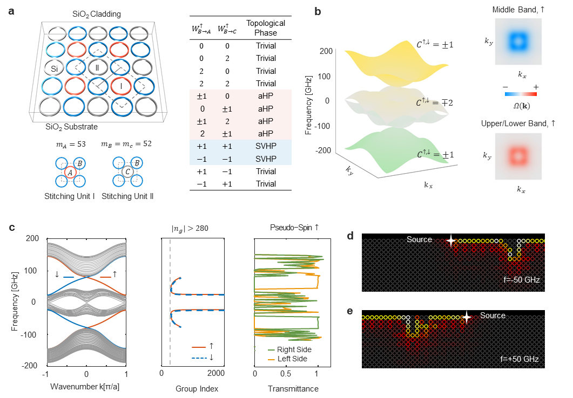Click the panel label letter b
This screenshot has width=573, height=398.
pyautogui.click(x=319, y=11)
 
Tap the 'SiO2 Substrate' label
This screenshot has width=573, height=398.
pyautogui.click(x=71, y=127)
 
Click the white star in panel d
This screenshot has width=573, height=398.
pyautogui.click(x=450, y=241)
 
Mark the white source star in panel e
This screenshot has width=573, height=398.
pyautogui.click(x=466, y=317)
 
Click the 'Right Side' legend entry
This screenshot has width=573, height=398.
pyautogui.click(x=294, y=349)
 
